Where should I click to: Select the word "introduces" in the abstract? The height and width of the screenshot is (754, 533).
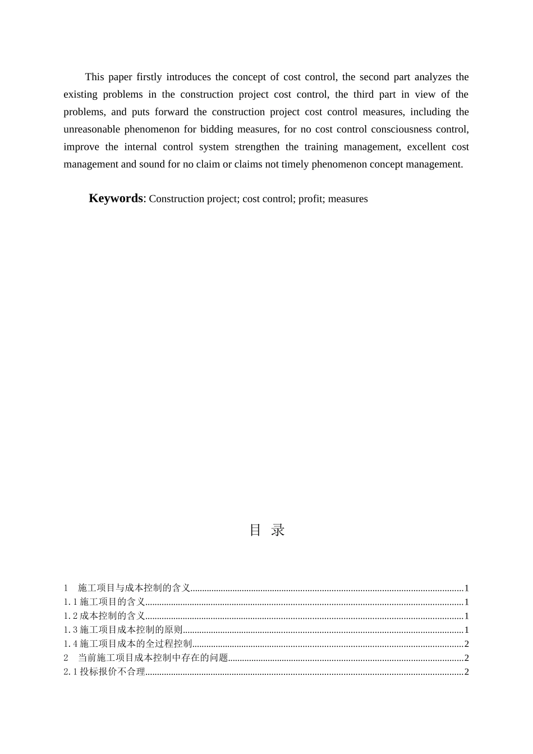pos(187,77)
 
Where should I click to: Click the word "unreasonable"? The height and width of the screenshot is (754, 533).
pos(91,129)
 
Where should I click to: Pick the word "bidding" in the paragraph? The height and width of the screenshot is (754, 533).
pos(216,129)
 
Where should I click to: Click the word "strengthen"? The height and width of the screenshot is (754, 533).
pos(256,147)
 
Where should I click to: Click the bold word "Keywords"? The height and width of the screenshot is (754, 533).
pos(116,198)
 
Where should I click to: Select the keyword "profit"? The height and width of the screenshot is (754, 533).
pos(310,199)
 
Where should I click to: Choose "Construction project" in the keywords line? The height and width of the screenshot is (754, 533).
pos(193,199)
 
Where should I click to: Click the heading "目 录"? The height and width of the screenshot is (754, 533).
pos(267,530)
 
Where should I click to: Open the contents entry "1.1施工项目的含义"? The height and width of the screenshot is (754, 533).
pos(104,602)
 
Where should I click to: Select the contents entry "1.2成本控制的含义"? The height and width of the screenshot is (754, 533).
pos(104,616)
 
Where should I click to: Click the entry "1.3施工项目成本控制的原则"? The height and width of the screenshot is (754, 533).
pos(123,630)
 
